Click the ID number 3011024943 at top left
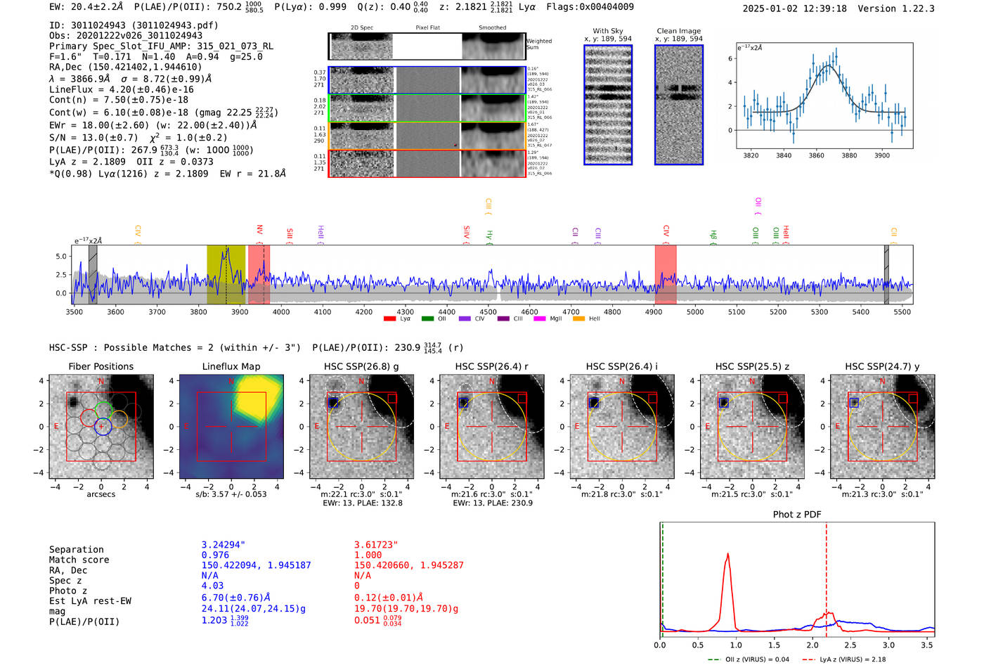[98, 25]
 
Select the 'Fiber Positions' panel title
[101, 366]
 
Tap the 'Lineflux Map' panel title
[231, 366]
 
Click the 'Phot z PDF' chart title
[797, 515]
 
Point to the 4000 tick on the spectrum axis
[281, 311]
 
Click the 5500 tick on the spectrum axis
[902, 311]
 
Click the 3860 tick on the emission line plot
[816, 155]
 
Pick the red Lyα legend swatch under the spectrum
[389, 319]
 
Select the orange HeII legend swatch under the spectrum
[578, 319]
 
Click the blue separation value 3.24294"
[223, 545]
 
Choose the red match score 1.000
[368, 555]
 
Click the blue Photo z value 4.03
[212, 586]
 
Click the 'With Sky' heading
[607, 31]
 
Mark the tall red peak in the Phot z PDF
[727, 555]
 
